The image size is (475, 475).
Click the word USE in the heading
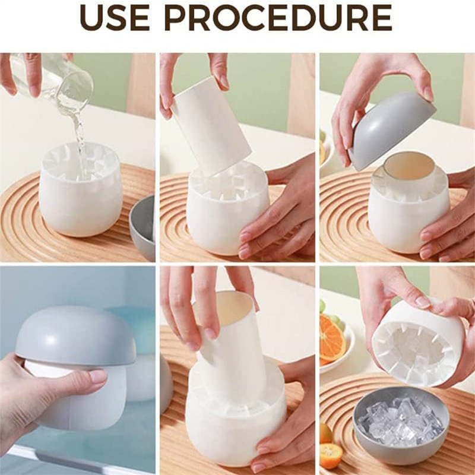pyautogui.click(x=115, y=17)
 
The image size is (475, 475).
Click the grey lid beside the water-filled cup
pyautogui.click(x=142, y=227)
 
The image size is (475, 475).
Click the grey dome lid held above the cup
pyautogui.click(x=391, y=129)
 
